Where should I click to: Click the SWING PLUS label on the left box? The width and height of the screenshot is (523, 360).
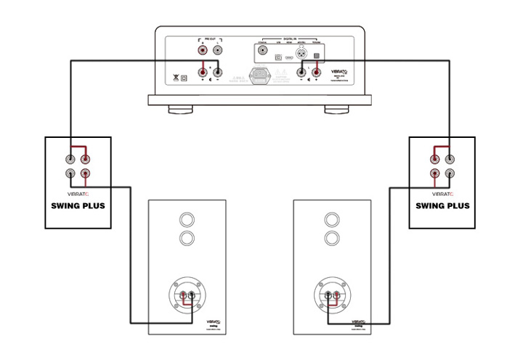tap(78, 205)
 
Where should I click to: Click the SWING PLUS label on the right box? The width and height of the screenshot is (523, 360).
tap(442, 205)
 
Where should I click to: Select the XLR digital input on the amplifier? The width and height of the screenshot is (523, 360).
tap(299, 54)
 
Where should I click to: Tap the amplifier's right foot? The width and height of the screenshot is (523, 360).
tap(336, 111)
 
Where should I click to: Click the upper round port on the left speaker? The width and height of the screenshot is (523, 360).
tap(187, 219)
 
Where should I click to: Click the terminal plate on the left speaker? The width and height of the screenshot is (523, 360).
tap(187, 297)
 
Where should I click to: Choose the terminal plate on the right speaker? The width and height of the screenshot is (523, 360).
tap(332, 297)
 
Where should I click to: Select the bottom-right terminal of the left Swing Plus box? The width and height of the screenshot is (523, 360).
tap(86, 174)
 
